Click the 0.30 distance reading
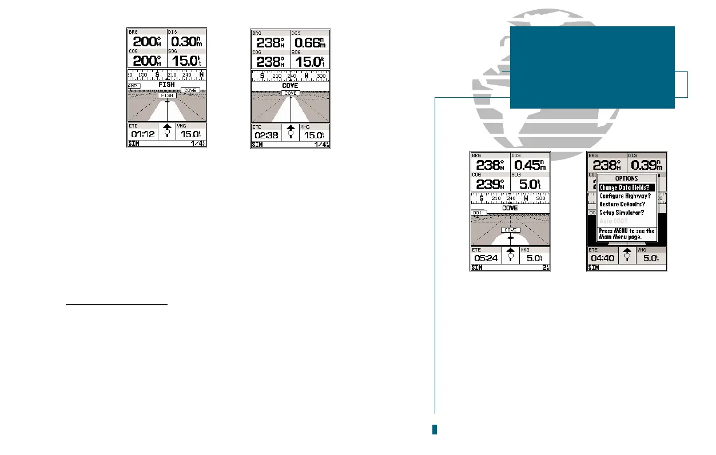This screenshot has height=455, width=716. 185,42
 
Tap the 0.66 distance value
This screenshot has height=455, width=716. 309,42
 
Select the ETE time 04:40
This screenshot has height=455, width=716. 602,258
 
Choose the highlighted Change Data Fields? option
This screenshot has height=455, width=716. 626,187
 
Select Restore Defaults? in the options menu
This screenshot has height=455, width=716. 622,204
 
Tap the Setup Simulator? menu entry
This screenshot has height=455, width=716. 623,212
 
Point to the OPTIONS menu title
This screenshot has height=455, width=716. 626,179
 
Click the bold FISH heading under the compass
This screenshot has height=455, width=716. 166,85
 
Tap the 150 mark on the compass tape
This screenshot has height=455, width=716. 143,75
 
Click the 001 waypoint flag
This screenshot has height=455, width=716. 479,213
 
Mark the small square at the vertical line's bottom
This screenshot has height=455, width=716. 435,429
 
